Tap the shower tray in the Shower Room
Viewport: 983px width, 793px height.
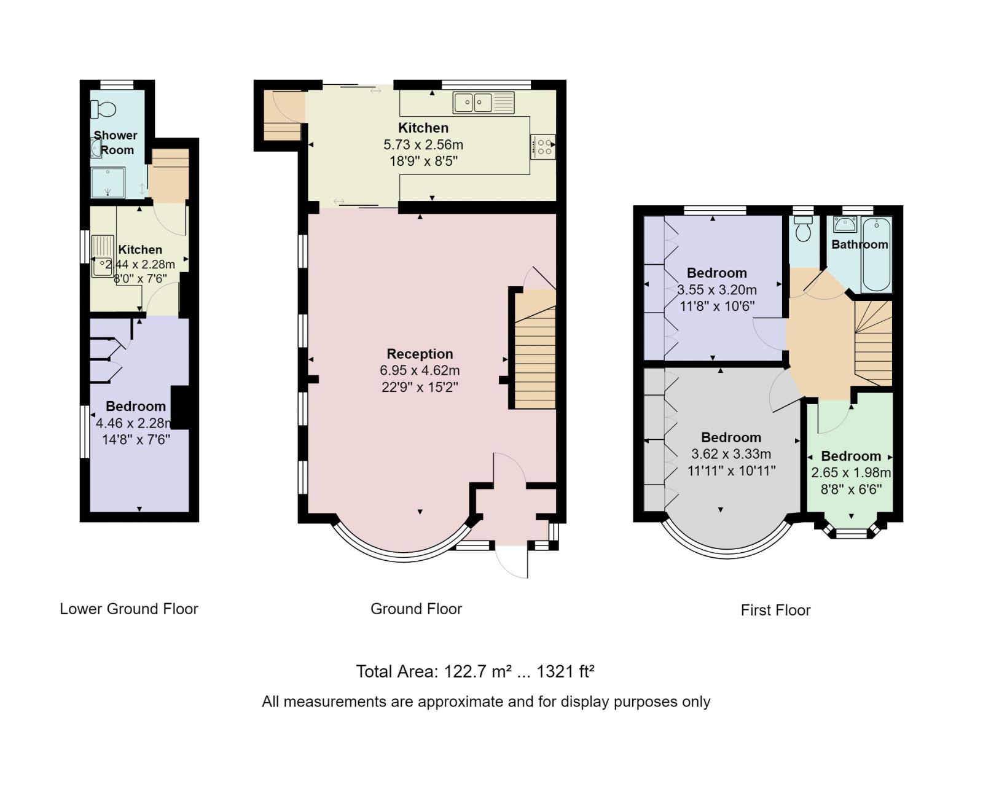[108, 182]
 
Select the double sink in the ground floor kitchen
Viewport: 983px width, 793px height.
[484, 103]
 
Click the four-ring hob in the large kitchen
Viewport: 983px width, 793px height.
[543, 147]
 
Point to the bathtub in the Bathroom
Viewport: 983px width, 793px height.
[876, 254]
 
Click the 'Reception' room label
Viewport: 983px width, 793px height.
[420, 354]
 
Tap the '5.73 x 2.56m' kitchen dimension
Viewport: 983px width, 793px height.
[423, 145]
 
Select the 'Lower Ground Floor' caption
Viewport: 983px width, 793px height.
[129, 609]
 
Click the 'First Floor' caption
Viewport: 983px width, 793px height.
[775, 610]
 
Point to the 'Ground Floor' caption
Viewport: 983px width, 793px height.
[416, 609]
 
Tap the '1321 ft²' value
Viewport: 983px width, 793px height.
[565, 671]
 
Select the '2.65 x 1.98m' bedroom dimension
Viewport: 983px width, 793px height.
[851, 472]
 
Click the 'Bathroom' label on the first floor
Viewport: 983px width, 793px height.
[860, 244]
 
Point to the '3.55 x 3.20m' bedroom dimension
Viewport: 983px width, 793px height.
[717, 289]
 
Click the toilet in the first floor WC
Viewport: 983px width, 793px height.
[803, 229]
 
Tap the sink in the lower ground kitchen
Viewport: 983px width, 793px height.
[103, 256]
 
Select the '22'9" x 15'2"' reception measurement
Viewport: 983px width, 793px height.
[420, 388]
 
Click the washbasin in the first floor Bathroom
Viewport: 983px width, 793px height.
[845, 224]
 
